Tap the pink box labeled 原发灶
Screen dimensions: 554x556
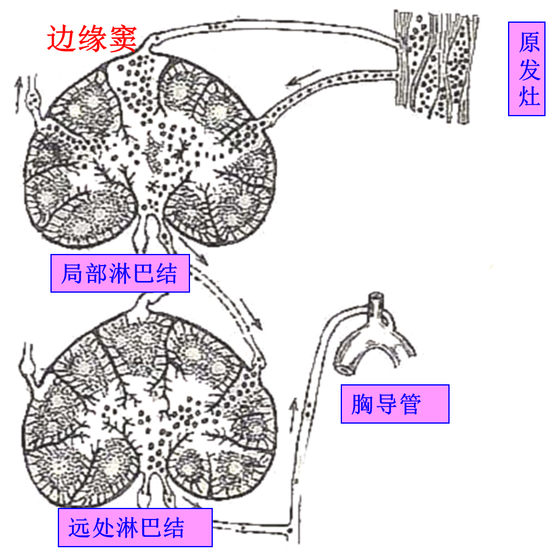(x=527, y=69)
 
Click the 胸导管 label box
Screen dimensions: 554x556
(x=395, y=404)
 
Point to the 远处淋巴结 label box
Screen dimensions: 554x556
(x=135, y=528)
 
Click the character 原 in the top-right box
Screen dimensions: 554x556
(x=528, y=42)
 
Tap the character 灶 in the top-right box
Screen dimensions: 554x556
(x=528, y=96)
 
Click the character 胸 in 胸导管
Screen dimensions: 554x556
(x=362, y=404)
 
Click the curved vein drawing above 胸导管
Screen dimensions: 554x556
(x=375, y=336)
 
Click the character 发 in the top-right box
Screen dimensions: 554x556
(x=528, y=69)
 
